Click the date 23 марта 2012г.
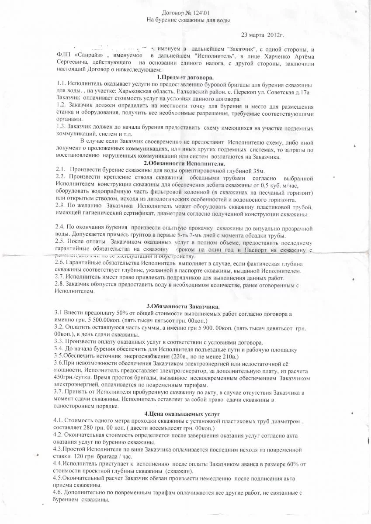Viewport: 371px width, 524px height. click(x=264, y=34)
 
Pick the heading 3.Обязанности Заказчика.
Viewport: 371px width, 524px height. click(x=183, y=306)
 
